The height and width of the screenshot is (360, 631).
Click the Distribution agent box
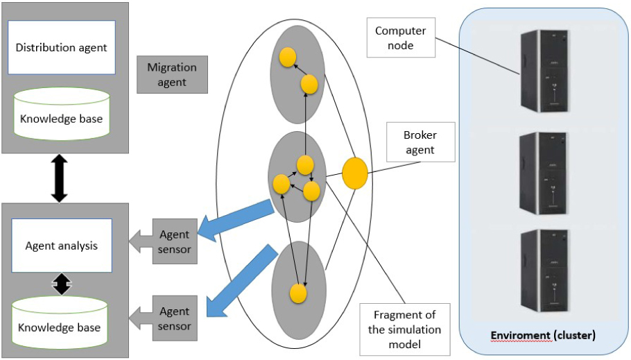click(61, 47)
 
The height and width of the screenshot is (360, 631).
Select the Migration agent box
click(172, 75)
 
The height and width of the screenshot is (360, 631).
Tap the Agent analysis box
click(61, 246)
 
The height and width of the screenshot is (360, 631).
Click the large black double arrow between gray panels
click(60, 178)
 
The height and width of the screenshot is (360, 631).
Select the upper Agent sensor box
click(175, 242)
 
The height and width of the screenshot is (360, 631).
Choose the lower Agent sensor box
click(175, 319)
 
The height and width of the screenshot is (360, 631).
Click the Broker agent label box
click(419, 142)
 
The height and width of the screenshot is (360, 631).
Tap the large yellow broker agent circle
click(355, 173)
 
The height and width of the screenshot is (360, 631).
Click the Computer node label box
click(400, 38)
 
